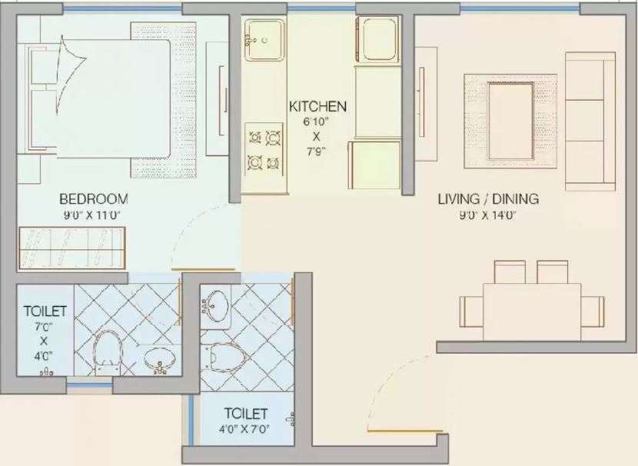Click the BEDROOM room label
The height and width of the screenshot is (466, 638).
pos(94,199)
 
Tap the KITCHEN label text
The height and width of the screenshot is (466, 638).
pos(317,107)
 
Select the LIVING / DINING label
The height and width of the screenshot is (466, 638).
pos(488,199)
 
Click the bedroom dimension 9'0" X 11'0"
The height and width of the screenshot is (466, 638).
pos(93,215)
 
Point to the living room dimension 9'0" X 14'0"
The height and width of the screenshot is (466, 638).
pos(488,215)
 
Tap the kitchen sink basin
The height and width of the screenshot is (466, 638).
pos(264,40)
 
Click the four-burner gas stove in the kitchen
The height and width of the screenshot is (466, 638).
pos(264,149)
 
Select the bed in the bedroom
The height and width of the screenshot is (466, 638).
pos(100,99)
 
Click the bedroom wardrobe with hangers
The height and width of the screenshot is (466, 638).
pos(71,248)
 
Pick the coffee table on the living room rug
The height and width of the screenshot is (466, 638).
pos(510,121)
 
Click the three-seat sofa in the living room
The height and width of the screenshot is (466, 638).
pos(590,121)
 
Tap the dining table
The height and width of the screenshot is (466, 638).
pos(532,311)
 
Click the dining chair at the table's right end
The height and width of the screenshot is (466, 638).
pos(593,311)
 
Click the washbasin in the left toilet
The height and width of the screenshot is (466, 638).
pos(161,358)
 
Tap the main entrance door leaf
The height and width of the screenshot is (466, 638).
pos(404,430)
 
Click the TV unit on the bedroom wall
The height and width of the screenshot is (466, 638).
pos(218,99)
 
